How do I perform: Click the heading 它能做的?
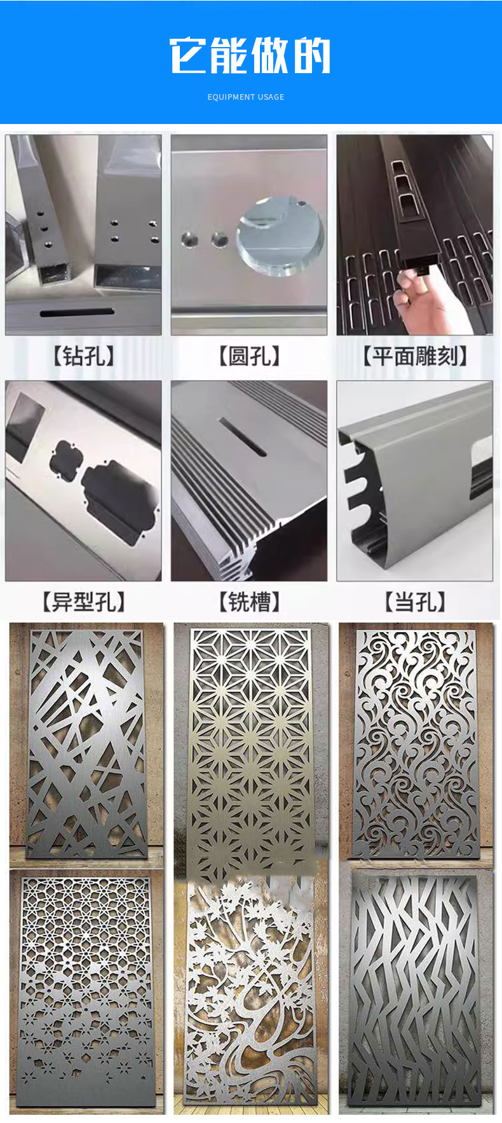click(250, 55)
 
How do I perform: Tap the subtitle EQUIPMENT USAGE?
click(246, 97)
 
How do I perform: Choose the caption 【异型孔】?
click(84, 602)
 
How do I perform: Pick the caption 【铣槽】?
click(249, 602)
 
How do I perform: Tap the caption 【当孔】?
click(415, 602)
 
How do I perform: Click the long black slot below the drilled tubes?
click(77, 313)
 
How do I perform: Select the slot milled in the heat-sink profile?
click(243, 437)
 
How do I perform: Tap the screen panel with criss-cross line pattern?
click(85, 742)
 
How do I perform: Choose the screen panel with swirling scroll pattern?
click(416, 742)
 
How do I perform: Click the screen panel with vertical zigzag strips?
click(414, 989)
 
